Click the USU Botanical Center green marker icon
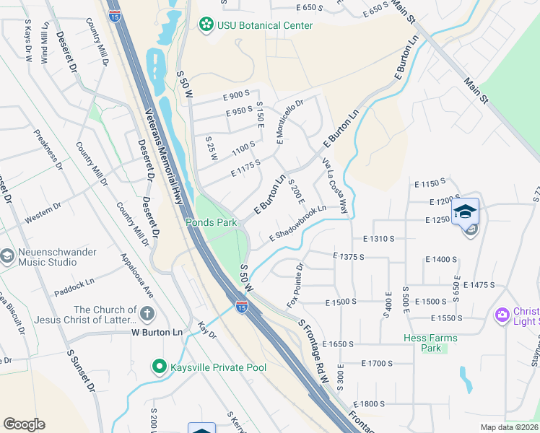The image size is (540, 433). tap(207, 25)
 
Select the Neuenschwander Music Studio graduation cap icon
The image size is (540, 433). tap(7, 256)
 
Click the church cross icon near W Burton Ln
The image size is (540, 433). tap(147, 314)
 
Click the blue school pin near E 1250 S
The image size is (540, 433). tap(465, 211)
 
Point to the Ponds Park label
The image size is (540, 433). tap(212, 222)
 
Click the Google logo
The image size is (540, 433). tap(24, 424)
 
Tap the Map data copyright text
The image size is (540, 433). tap(510, 427)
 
